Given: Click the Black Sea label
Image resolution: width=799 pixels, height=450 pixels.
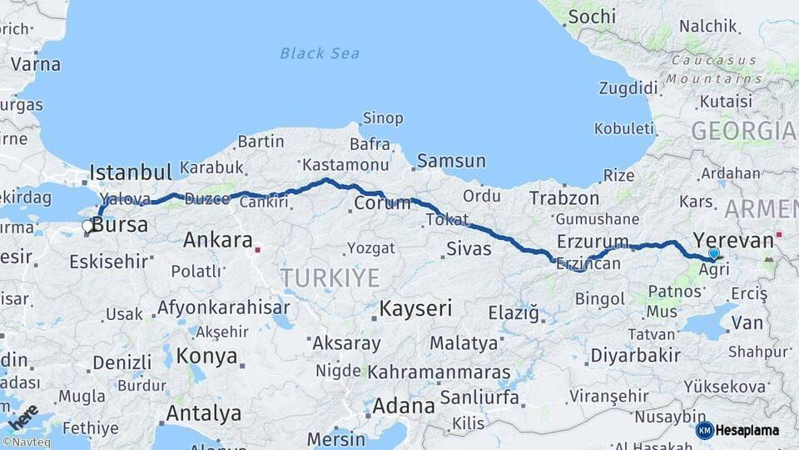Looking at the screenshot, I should [320, 53].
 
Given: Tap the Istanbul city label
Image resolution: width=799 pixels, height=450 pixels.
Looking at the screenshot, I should [131, 172].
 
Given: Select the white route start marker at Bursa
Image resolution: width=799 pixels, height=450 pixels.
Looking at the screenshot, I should [87, 226].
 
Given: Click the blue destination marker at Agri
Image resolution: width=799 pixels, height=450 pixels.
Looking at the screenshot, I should [713, 254].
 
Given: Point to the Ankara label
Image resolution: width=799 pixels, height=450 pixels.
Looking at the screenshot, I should [217, 241].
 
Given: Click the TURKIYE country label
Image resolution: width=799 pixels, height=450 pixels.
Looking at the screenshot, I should [330, 277].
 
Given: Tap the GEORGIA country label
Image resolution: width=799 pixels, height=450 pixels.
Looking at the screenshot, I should [742, 131].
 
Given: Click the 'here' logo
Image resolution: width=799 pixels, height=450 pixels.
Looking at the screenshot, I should [23, 416].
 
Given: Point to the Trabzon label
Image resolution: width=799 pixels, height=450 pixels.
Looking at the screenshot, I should [564, 198].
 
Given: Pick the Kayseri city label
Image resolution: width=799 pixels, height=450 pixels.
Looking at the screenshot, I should [415, 308].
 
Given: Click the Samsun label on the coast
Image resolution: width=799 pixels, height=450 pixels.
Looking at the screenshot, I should [451, 161].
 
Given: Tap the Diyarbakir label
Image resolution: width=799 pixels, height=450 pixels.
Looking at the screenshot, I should [635, 355].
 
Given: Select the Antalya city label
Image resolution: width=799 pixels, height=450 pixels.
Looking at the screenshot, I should [203, 412].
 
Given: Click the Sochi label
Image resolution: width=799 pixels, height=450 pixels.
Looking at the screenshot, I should [593, 17].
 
